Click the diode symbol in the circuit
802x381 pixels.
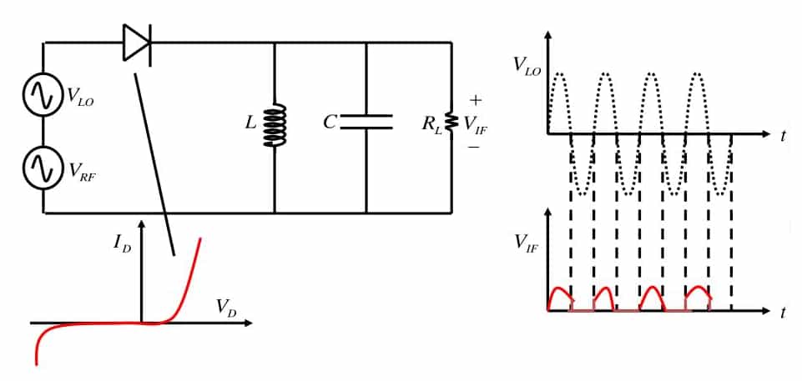tap(137, 43)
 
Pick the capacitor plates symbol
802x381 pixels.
tap(366, 123)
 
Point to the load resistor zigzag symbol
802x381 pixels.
tap(451, 123)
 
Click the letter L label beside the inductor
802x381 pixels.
tap(250, 123)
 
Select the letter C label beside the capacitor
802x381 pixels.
tap(330, 123)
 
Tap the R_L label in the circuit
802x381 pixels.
tap(431, 124)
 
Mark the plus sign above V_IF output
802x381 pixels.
tap(476, 99)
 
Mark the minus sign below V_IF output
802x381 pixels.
tap(473, 147)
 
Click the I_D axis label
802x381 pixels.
tap(122, 243)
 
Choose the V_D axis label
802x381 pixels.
tap(225, 307)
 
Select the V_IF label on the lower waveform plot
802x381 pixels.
tap(526, 243)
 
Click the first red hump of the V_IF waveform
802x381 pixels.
tap(560, 296)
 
